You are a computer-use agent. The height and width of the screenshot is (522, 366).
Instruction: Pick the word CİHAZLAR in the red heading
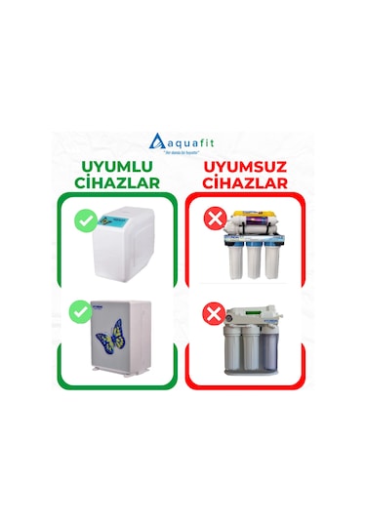(x=246, y=182)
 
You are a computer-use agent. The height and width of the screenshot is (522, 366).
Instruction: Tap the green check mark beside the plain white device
(x=85, y=221)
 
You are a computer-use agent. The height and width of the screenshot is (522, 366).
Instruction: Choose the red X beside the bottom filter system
(x=211, y=313)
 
